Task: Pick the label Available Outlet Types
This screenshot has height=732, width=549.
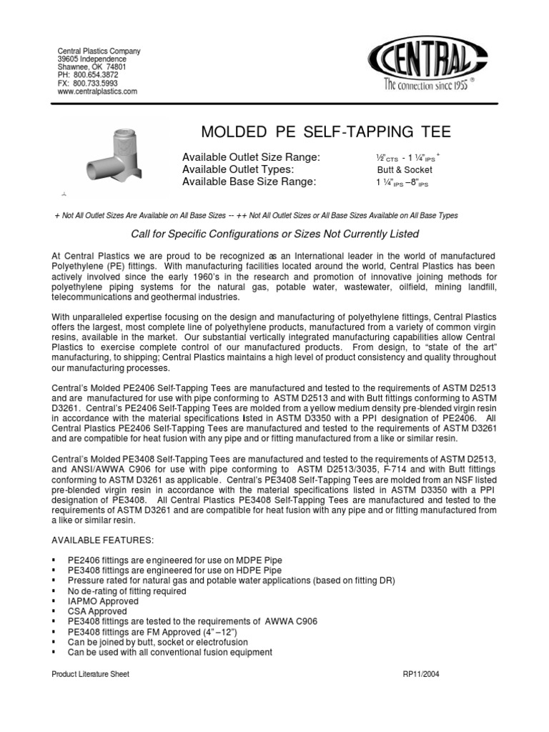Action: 238,169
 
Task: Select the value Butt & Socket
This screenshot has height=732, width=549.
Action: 405,170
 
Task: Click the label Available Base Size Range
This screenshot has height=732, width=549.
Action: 249,182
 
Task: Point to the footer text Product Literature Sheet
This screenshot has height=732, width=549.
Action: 90,674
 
